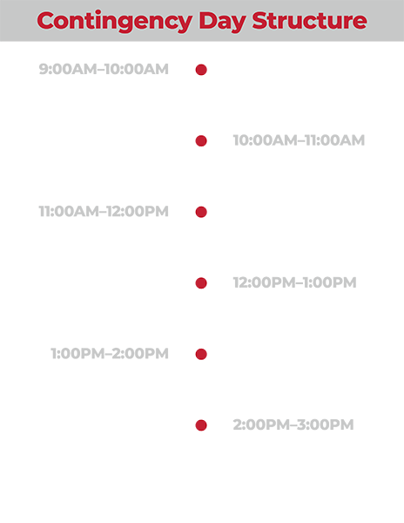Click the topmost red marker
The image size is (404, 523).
pyautogui.click(x=213, y=70)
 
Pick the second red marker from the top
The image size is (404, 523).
pyautogui.click(x=190, y=140)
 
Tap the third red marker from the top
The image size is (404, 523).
pyautogui.click(x=213, y=211)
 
